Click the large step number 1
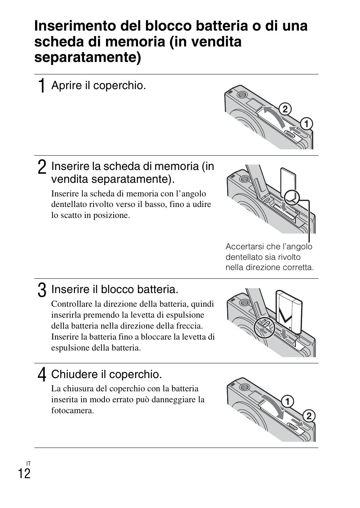(42, 85)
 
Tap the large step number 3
(42, 290)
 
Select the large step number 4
(42, 375)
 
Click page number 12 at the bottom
(24, 473)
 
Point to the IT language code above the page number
(28, 463)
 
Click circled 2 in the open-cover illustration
(285, 109)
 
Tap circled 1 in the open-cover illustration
(306, 124)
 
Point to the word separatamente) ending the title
(88, 57)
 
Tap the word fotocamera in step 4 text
(72, 411)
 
